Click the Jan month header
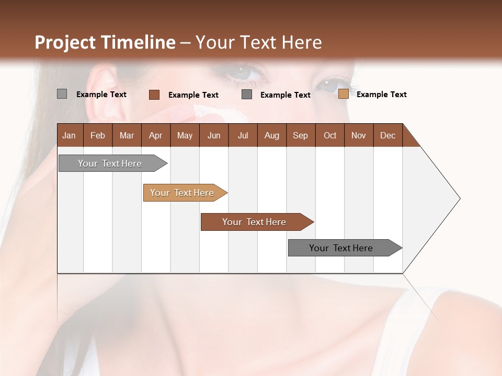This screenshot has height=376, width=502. [70, 135]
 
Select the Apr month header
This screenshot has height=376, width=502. [156, 135]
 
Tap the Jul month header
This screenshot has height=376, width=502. [243, 135]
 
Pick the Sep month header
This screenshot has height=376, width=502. [301, 135]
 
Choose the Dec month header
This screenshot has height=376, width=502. [387, 135]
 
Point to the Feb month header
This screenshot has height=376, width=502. [98, 135]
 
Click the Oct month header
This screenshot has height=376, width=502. [330, 135]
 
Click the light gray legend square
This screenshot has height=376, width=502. [62, 94]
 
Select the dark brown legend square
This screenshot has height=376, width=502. [154, 95]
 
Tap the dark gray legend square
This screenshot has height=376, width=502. [247, 94]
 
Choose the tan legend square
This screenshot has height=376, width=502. [343, 94]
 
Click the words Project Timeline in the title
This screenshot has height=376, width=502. [105, 42]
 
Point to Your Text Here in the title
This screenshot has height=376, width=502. [258, 42]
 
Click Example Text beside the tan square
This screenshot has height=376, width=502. [381, 95]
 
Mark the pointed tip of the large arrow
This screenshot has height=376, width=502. [459, 198]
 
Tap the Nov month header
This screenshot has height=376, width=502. [359, 135]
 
